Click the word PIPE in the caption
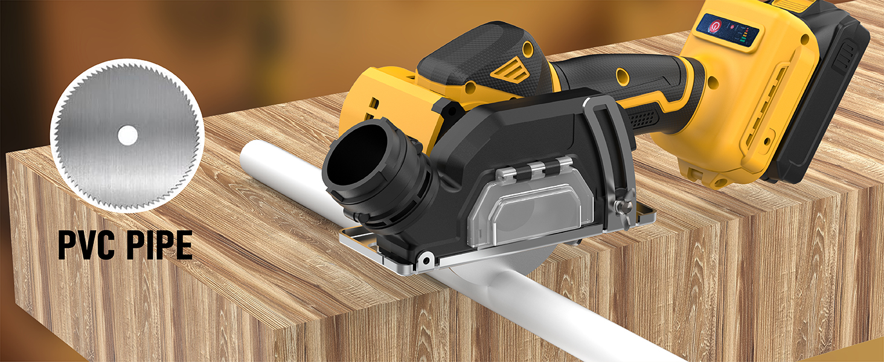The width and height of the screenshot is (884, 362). [x=160, y=246]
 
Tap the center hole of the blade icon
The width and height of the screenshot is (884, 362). [x=127, y=136]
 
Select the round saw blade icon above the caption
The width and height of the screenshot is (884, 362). [x=125, y=136]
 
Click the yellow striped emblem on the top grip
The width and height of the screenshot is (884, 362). [x=510, y=69]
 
